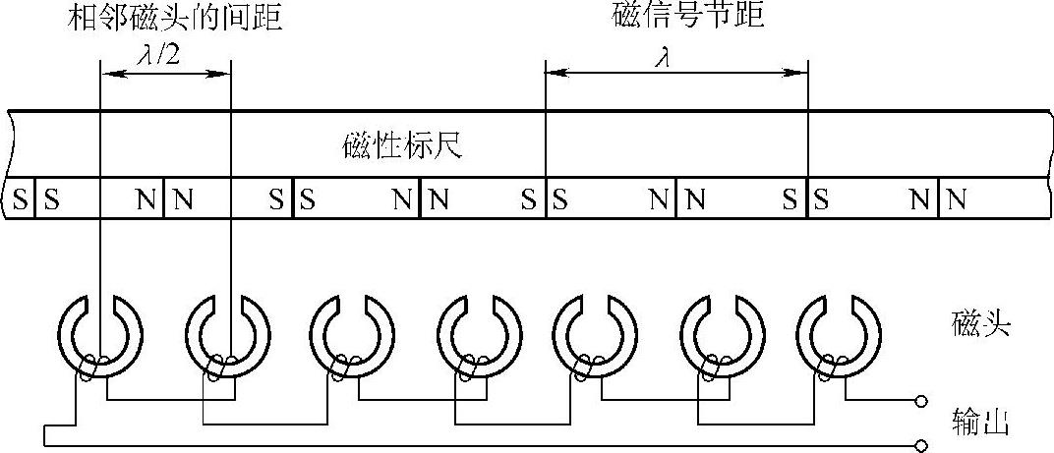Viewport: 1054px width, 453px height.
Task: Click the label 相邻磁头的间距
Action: coord(176,17)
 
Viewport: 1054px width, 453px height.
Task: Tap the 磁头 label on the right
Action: coord(981,325)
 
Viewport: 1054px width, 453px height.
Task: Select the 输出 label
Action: coord(980,422)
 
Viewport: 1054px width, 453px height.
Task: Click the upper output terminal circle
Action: coord(921,401)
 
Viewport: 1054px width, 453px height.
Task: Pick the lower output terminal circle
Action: coord(921,446)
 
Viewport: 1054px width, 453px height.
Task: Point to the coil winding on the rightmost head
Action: coord(827,369)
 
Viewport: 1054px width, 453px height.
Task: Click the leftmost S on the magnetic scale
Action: coord(20,200)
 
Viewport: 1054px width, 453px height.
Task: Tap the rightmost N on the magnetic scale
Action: coord(956,200)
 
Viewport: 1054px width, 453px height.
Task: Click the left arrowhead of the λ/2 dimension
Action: coord(106,72)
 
